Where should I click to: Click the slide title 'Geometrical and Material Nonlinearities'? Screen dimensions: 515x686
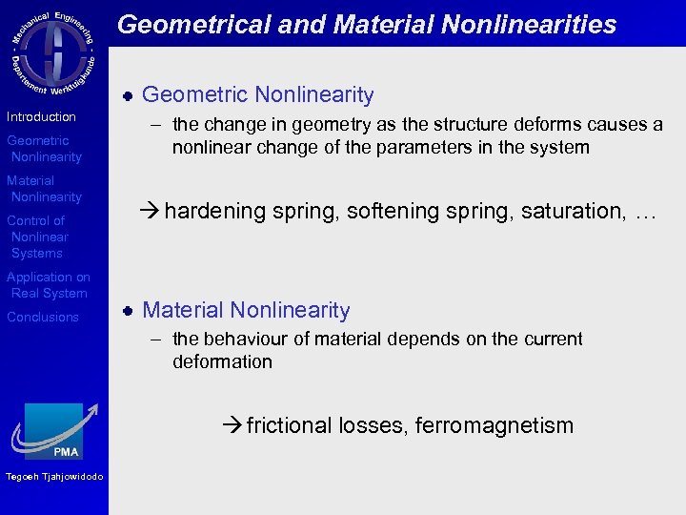[x=367, y=24]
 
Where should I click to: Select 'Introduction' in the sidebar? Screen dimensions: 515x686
[x=41, y=116]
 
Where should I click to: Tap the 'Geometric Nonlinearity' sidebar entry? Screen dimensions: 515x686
[x=44, y=149]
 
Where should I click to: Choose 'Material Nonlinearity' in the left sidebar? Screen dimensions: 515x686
[x=44, y=189]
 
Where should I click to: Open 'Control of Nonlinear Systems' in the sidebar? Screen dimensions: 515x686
[x=37, y=237]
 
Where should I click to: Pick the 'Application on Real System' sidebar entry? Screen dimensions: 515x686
[x=48, y=285]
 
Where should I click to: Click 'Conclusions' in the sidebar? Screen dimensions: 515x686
[x=43, y=317]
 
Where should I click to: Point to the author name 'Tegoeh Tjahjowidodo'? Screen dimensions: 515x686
[x=53, y=477]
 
